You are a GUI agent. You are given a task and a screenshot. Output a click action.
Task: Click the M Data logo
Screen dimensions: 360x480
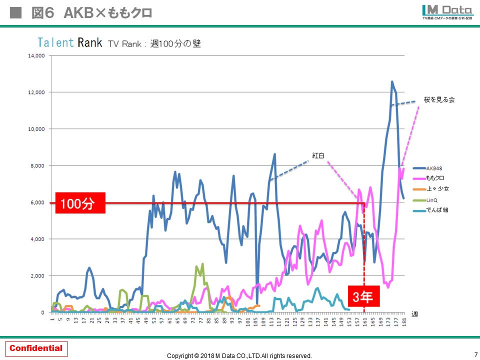pyautogui.click(x=446, y=11)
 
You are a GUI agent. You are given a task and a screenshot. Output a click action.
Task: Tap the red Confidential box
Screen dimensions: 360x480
pyautogui.click(x=36, y=348)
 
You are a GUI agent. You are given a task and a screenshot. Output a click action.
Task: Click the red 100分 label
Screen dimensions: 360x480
pyautogui.click(x=80, y=204)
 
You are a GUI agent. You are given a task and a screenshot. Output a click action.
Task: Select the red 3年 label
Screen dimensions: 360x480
pyautogui.click(x=363, y=297)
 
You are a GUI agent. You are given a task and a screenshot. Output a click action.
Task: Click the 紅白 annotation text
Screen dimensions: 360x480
pyautogui.click(x=318, y=155)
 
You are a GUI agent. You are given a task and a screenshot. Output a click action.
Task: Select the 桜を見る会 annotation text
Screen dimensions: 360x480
pyautogui.click(x=439, y=100)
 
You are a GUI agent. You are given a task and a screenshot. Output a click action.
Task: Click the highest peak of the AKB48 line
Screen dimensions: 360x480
pyautogui.click(x=392, y=81)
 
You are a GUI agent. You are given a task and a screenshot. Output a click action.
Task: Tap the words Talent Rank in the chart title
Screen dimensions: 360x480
pyautogui.click(x=70, y=42)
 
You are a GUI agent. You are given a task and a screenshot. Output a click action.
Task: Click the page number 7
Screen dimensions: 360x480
pyautogui.click(x=475, y=354)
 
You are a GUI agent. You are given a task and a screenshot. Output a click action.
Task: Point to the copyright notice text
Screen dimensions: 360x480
pyautogui.click(x=239, y=355)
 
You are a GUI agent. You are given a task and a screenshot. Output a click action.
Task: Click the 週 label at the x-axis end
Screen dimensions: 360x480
pyautogui.click(x=414, y=314)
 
